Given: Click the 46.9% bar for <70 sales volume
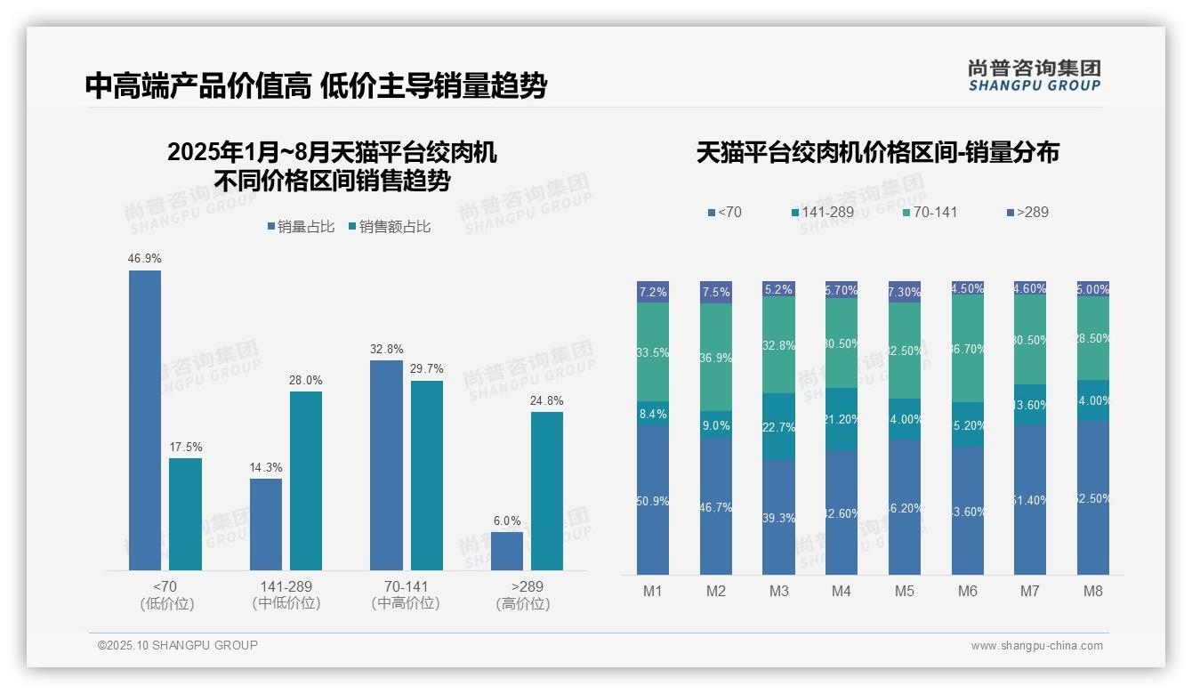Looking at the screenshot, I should (145, 420).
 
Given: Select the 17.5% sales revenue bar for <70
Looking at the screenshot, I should (185, 514).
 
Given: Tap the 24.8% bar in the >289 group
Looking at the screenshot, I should (547, 491).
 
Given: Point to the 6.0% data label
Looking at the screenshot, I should (507, 520).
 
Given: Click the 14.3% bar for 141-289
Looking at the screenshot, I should (266, 525).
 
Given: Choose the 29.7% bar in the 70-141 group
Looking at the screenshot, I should (427, 476).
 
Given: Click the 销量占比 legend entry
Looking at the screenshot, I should (301, 227).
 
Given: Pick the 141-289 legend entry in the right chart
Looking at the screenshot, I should (822, 212).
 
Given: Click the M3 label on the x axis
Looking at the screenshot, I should (778, 592).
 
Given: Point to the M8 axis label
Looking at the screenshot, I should (1093, 592).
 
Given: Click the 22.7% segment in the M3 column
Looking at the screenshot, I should (778, 427).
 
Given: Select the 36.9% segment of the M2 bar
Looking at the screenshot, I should (716, 358).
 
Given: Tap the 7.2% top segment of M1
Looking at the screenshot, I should (653, 292).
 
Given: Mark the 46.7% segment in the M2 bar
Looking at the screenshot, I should (716, 506).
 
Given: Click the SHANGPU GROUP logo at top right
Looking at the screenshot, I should (1035, 76).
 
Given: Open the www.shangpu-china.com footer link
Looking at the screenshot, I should (1036, 646).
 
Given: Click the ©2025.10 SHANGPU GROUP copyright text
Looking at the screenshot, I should (178, 645).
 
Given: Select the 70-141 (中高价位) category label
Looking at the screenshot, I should (406, 594).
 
